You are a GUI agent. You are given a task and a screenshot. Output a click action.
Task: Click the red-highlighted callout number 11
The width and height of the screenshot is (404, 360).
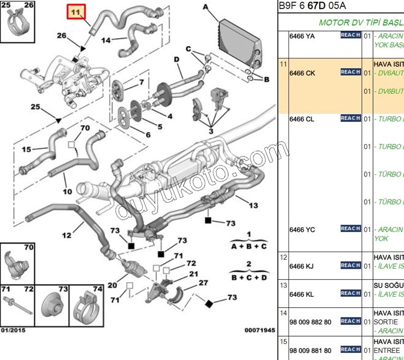pyautogui.click(x=76, y=12)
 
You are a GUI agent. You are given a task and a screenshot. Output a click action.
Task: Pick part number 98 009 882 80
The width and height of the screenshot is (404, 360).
pyautogui.click(x=310, y=322)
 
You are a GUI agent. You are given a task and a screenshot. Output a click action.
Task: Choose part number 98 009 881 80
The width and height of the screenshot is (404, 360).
pyautogui.click(x=310, y=350)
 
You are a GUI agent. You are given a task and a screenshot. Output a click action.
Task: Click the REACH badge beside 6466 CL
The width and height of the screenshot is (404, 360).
pyautogui.click(x=350, y=118)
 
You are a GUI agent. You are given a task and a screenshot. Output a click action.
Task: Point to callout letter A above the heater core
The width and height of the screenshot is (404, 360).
pyautogui.click(x=205, y=7)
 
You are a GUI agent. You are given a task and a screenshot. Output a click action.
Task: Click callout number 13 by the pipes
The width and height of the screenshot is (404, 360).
pyautogui.click(x=253, y=205)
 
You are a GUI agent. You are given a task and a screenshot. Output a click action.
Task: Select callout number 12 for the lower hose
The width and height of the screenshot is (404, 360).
pyautogui.click(x=66, y=235)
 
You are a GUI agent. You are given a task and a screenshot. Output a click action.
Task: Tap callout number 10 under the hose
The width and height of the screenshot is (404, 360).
pyautogui.click(x=67, y=192)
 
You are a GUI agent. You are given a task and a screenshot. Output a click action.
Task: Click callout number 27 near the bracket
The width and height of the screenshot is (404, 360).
pyautogui.click(x=203, y=283)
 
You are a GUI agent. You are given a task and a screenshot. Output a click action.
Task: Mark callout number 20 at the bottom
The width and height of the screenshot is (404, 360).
pyautogui.click(x=112, y=285)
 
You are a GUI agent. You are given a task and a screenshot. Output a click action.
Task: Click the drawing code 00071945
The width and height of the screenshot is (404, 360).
pyautogui.click(x=260, y=330)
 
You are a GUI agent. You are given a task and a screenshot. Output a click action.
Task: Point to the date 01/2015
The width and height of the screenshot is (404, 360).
pyautogui.click(x=13, y=330)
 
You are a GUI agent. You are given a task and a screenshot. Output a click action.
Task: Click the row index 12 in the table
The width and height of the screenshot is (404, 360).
pyautogui.click(x=283, y=257)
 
